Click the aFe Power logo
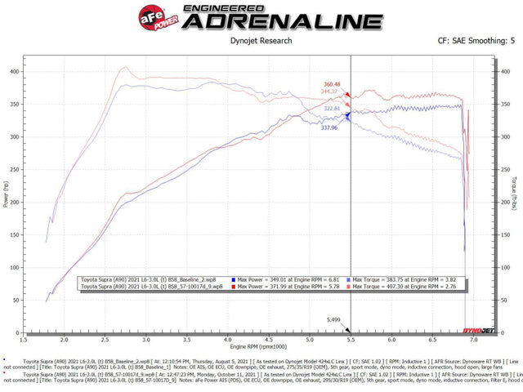(x=158, y=17)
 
